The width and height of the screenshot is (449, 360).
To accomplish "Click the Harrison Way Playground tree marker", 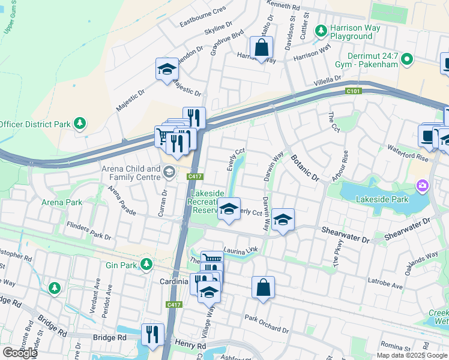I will [321, 30].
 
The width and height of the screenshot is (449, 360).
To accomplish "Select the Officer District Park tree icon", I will [79, 124].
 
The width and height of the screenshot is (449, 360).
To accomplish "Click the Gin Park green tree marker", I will [146, 264].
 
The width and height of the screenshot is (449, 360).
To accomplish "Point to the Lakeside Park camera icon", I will [423, 185].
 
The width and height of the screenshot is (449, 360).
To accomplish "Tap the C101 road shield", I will [353, 91].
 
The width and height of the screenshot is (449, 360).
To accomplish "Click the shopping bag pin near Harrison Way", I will [262, 49].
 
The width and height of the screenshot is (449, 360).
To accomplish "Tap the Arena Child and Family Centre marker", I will [169, 173].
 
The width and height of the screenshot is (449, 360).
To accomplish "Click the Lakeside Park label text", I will [382, 199].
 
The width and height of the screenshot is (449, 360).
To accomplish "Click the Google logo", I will [20, 352].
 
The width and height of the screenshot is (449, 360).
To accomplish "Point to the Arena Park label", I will [62, 202].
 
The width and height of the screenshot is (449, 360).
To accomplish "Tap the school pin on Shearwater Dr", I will [283, 220].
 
